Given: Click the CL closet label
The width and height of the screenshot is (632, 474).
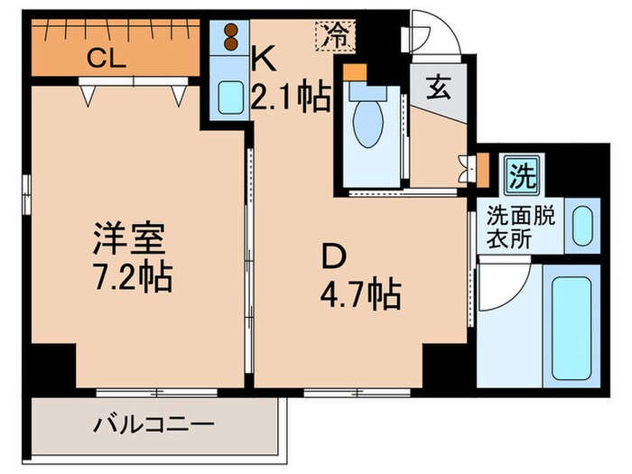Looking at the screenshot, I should click(106, 60).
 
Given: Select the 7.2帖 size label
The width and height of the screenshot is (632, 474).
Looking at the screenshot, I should click(135, 276).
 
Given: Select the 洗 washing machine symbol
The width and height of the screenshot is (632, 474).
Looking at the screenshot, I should click(521, 172).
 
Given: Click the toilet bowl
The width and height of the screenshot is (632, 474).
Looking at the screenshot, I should click(369, 126).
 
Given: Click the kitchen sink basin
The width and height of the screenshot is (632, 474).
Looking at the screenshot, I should click(229, 98).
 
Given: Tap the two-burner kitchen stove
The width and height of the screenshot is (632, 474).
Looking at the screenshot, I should click(231, 38).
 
